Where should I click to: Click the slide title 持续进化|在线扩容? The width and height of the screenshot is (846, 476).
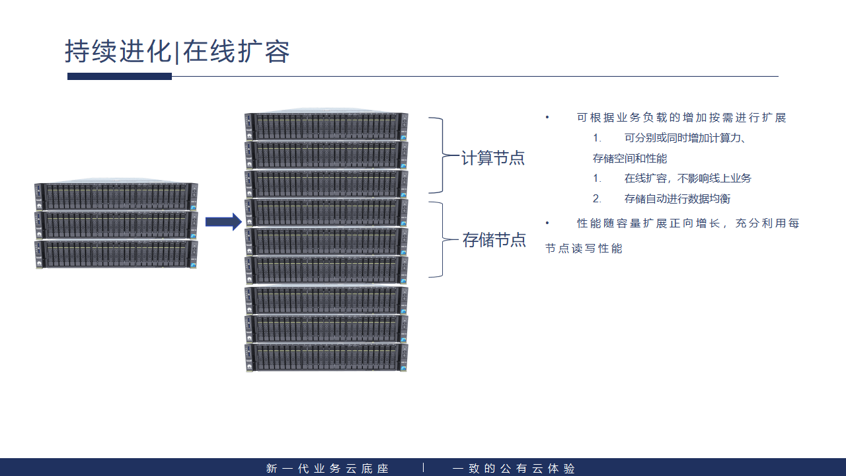tap(177, 52)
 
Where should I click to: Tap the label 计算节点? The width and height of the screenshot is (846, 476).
tap(493, 158)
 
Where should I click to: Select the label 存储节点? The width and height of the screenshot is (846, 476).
tap(494, 240)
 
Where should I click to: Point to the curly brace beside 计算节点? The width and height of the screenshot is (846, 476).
tap(437, 155)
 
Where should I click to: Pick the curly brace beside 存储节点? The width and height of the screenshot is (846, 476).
tap(437, 239)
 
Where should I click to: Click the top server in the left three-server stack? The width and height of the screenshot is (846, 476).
tap(116, 196)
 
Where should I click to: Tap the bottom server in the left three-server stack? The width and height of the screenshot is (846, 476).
tap(116, 255)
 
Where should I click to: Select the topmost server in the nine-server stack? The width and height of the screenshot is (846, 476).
tap(326, 126)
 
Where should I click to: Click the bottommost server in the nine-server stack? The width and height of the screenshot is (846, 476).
tap(326, 357)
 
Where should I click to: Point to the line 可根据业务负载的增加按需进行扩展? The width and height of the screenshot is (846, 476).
tap(681, 118)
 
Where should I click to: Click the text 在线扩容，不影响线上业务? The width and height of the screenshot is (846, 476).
tap(687, 178)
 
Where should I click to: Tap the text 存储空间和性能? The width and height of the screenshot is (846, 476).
tap(630, 159)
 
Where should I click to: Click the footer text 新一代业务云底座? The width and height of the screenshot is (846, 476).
tap(327, 469)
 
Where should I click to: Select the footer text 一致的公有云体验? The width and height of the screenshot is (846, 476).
tap(514, 469)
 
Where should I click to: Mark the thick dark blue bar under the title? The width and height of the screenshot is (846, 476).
tap(120, 77)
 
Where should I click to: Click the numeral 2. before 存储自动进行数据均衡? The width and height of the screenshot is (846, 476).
tap(597, 199)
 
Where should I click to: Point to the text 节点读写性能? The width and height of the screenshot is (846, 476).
tap(584, 249)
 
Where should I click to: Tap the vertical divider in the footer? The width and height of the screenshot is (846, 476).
tap(423, 468)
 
